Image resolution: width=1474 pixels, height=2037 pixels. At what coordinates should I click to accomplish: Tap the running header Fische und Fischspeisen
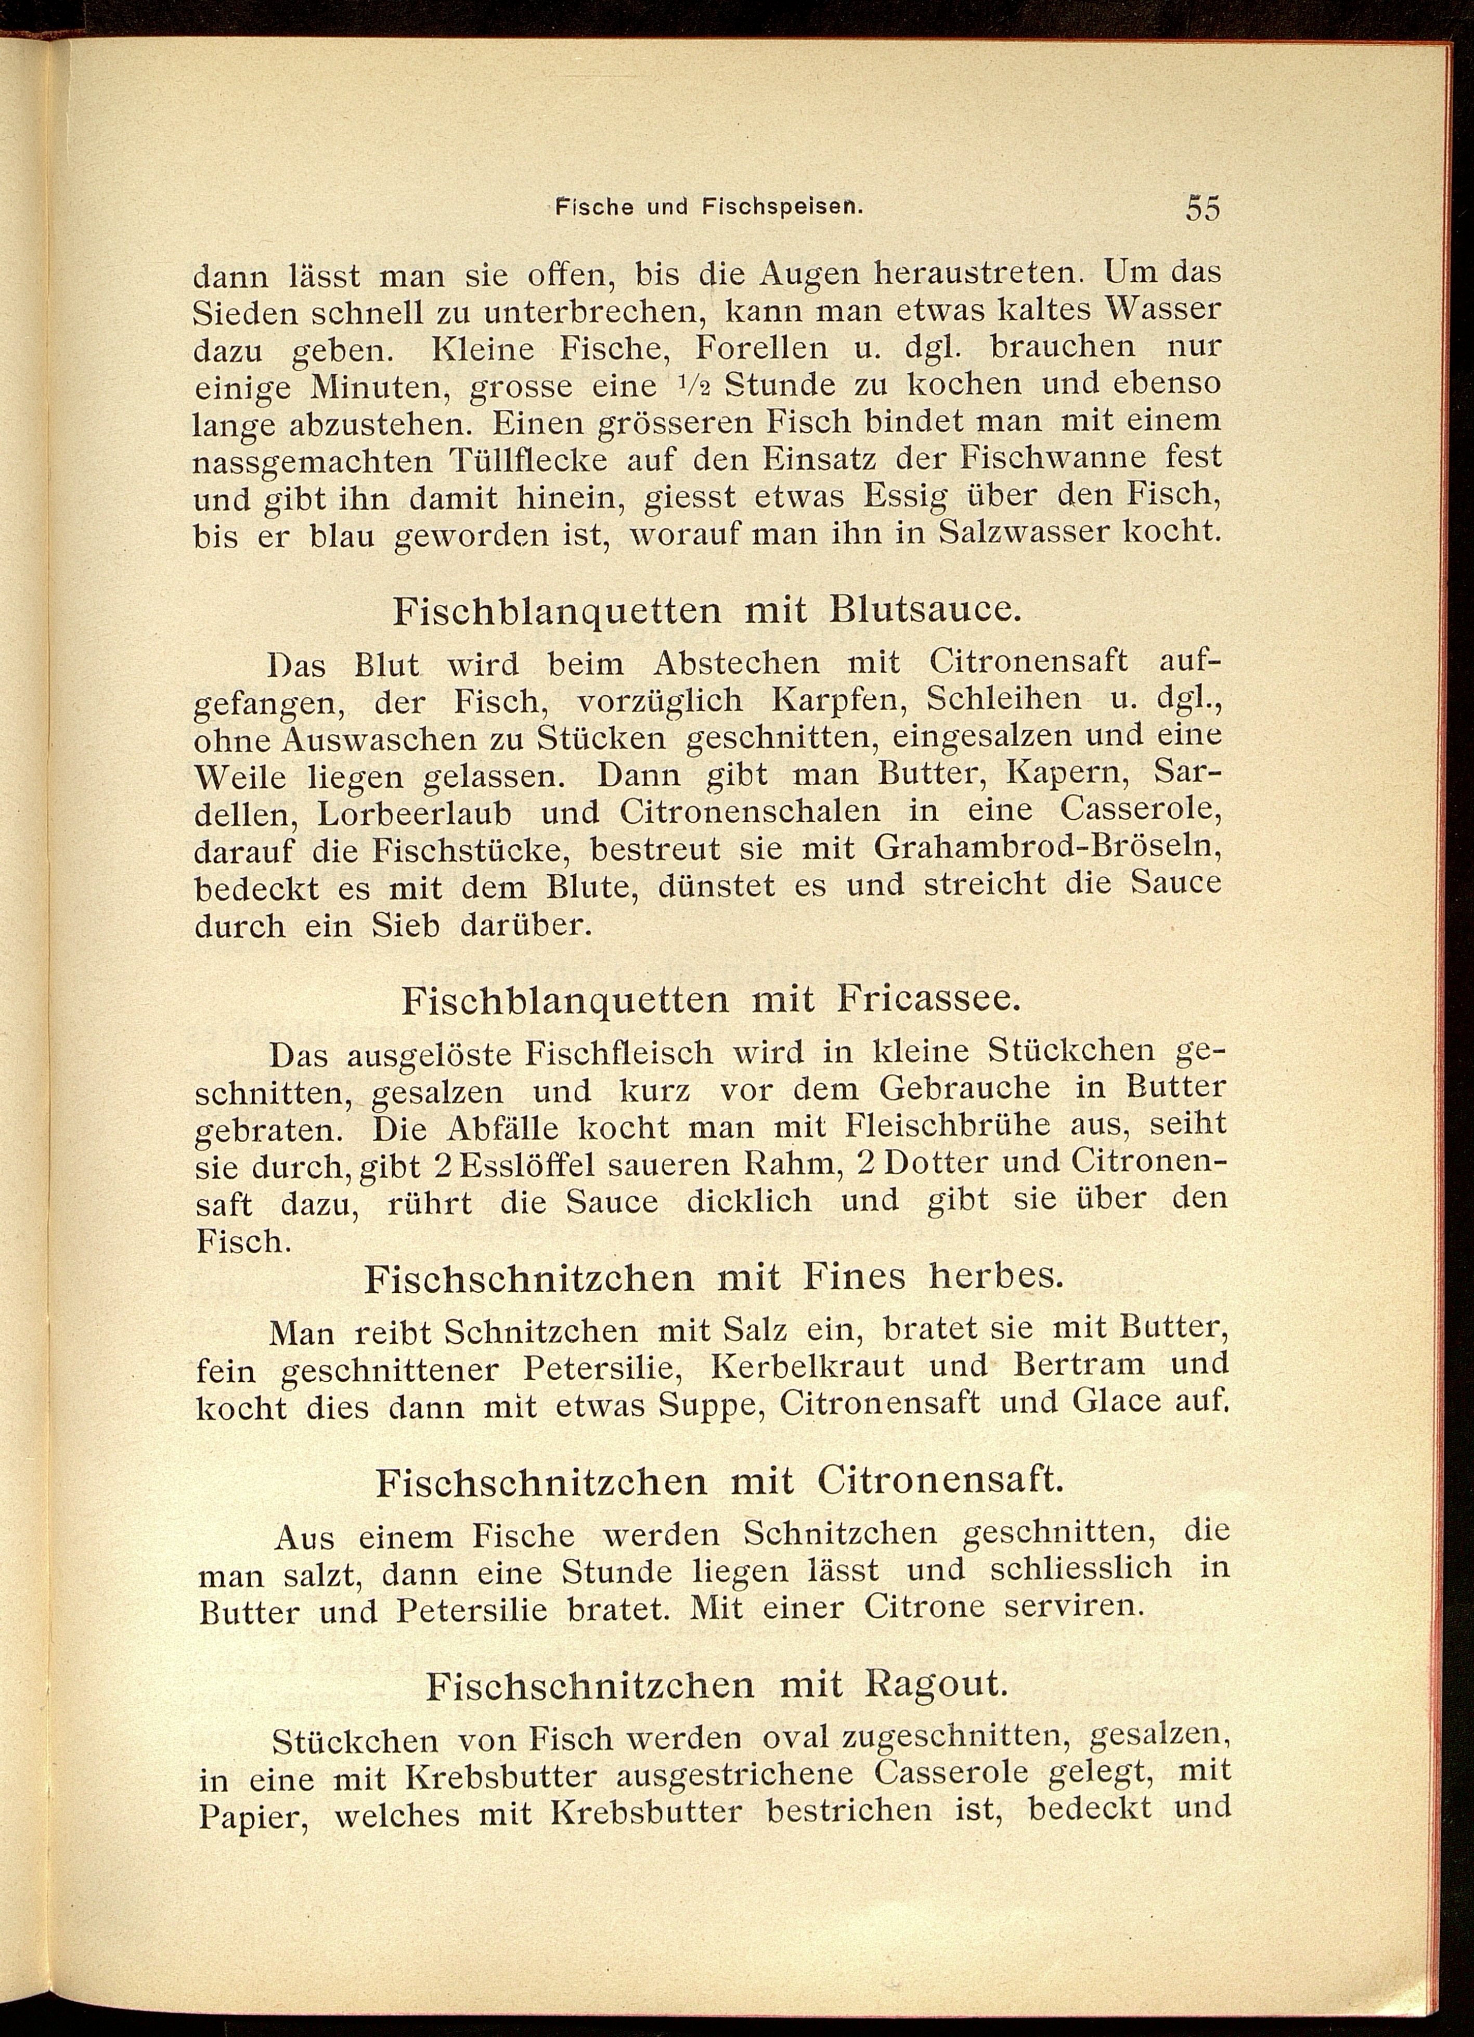tap(708, 206)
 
